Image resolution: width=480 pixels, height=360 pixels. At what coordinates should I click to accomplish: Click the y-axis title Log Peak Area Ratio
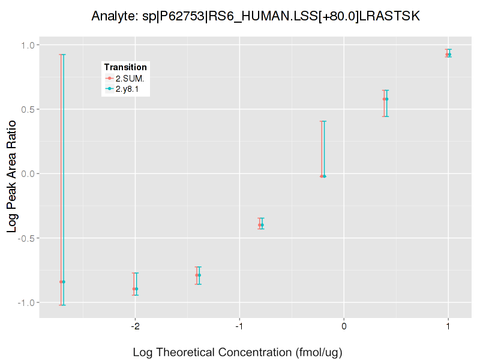coord(13,174)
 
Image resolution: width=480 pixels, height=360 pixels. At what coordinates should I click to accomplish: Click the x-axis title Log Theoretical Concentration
coord(238,352)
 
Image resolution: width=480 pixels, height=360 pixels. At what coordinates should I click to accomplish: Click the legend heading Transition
coord(125,67)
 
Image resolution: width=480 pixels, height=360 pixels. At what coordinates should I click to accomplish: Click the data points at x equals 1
coord(448,55)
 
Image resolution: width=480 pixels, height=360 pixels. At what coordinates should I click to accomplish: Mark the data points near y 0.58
coord(386,99)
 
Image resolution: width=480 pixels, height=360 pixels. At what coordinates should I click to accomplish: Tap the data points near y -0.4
coord(260,225)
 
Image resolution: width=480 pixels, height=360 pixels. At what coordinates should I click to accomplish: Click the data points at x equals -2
coord(135,289)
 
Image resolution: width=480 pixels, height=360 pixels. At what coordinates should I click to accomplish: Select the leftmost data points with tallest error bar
coord(62,281)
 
